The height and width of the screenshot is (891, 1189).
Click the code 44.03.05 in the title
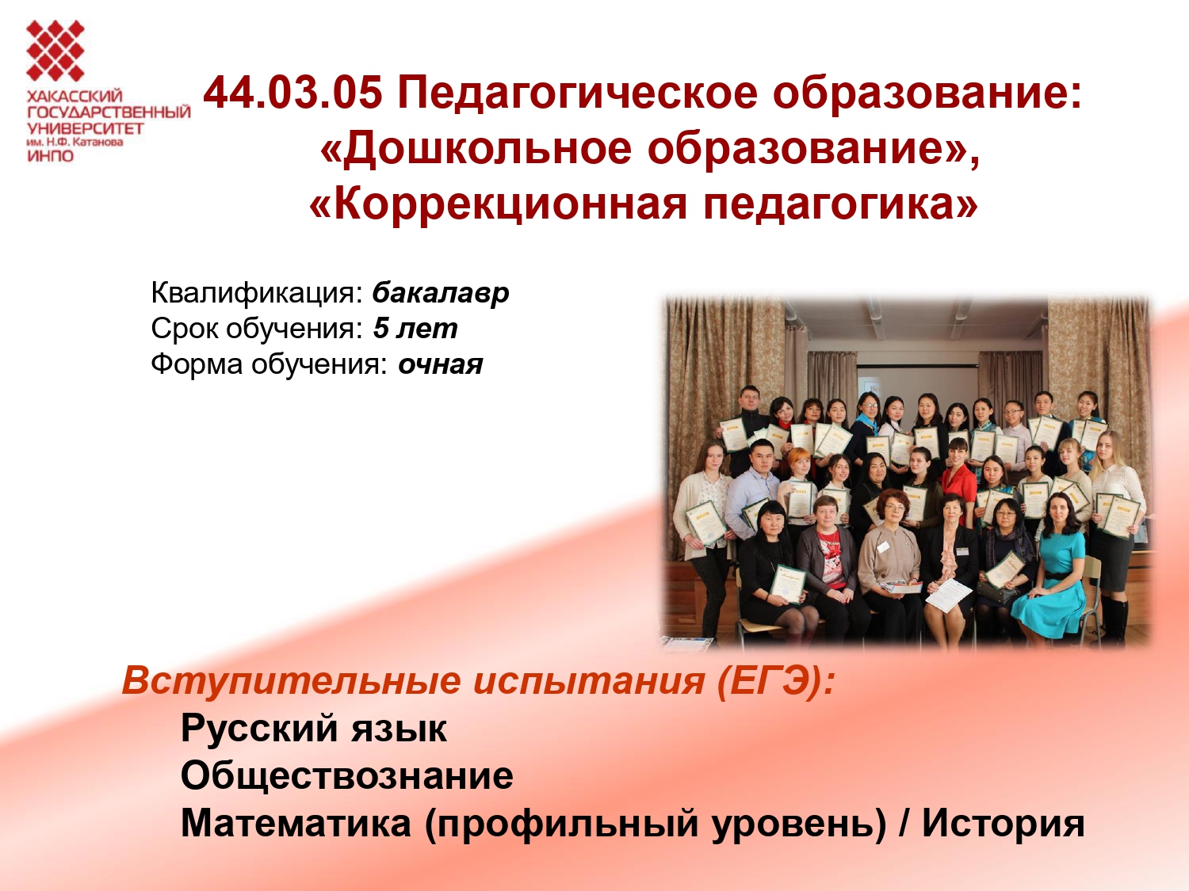(x=292, y=93)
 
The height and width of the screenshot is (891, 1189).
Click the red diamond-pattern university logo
(x=55, y=51)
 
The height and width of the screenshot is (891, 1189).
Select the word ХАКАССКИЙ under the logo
(x=75, y=97)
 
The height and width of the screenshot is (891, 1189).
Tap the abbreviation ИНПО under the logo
(x=50, y=156)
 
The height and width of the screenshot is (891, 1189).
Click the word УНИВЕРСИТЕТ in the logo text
(x=85, y=129)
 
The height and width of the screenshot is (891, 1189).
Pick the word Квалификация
(x=256, y=294)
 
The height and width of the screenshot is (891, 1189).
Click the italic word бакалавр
(x=441, y=294)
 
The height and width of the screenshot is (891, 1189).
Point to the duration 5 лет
(x=415, y=329)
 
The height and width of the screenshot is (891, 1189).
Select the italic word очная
(x=441, y=365)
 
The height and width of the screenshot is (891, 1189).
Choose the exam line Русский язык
(x=314, y=729)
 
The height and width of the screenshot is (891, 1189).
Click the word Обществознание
(x=346, y=776)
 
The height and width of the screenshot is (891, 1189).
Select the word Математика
(x=296, y=824)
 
